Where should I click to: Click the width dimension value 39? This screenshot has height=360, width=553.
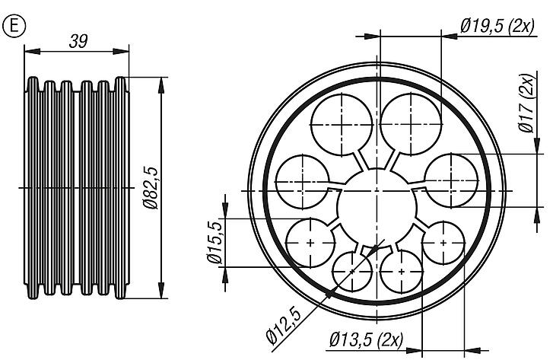coord(77,42)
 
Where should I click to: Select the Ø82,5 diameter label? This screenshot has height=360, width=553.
coord(150,187)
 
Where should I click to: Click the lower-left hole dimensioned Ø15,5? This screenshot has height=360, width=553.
coord(311,242)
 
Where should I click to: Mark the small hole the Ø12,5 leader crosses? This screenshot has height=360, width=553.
coord(352,271)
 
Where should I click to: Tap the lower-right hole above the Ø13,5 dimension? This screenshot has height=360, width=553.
coord(442,242)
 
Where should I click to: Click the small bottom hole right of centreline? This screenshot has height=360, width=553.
coord(402,269)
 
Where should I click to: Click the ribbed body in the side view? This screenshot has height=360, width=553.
coord(76,187)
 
